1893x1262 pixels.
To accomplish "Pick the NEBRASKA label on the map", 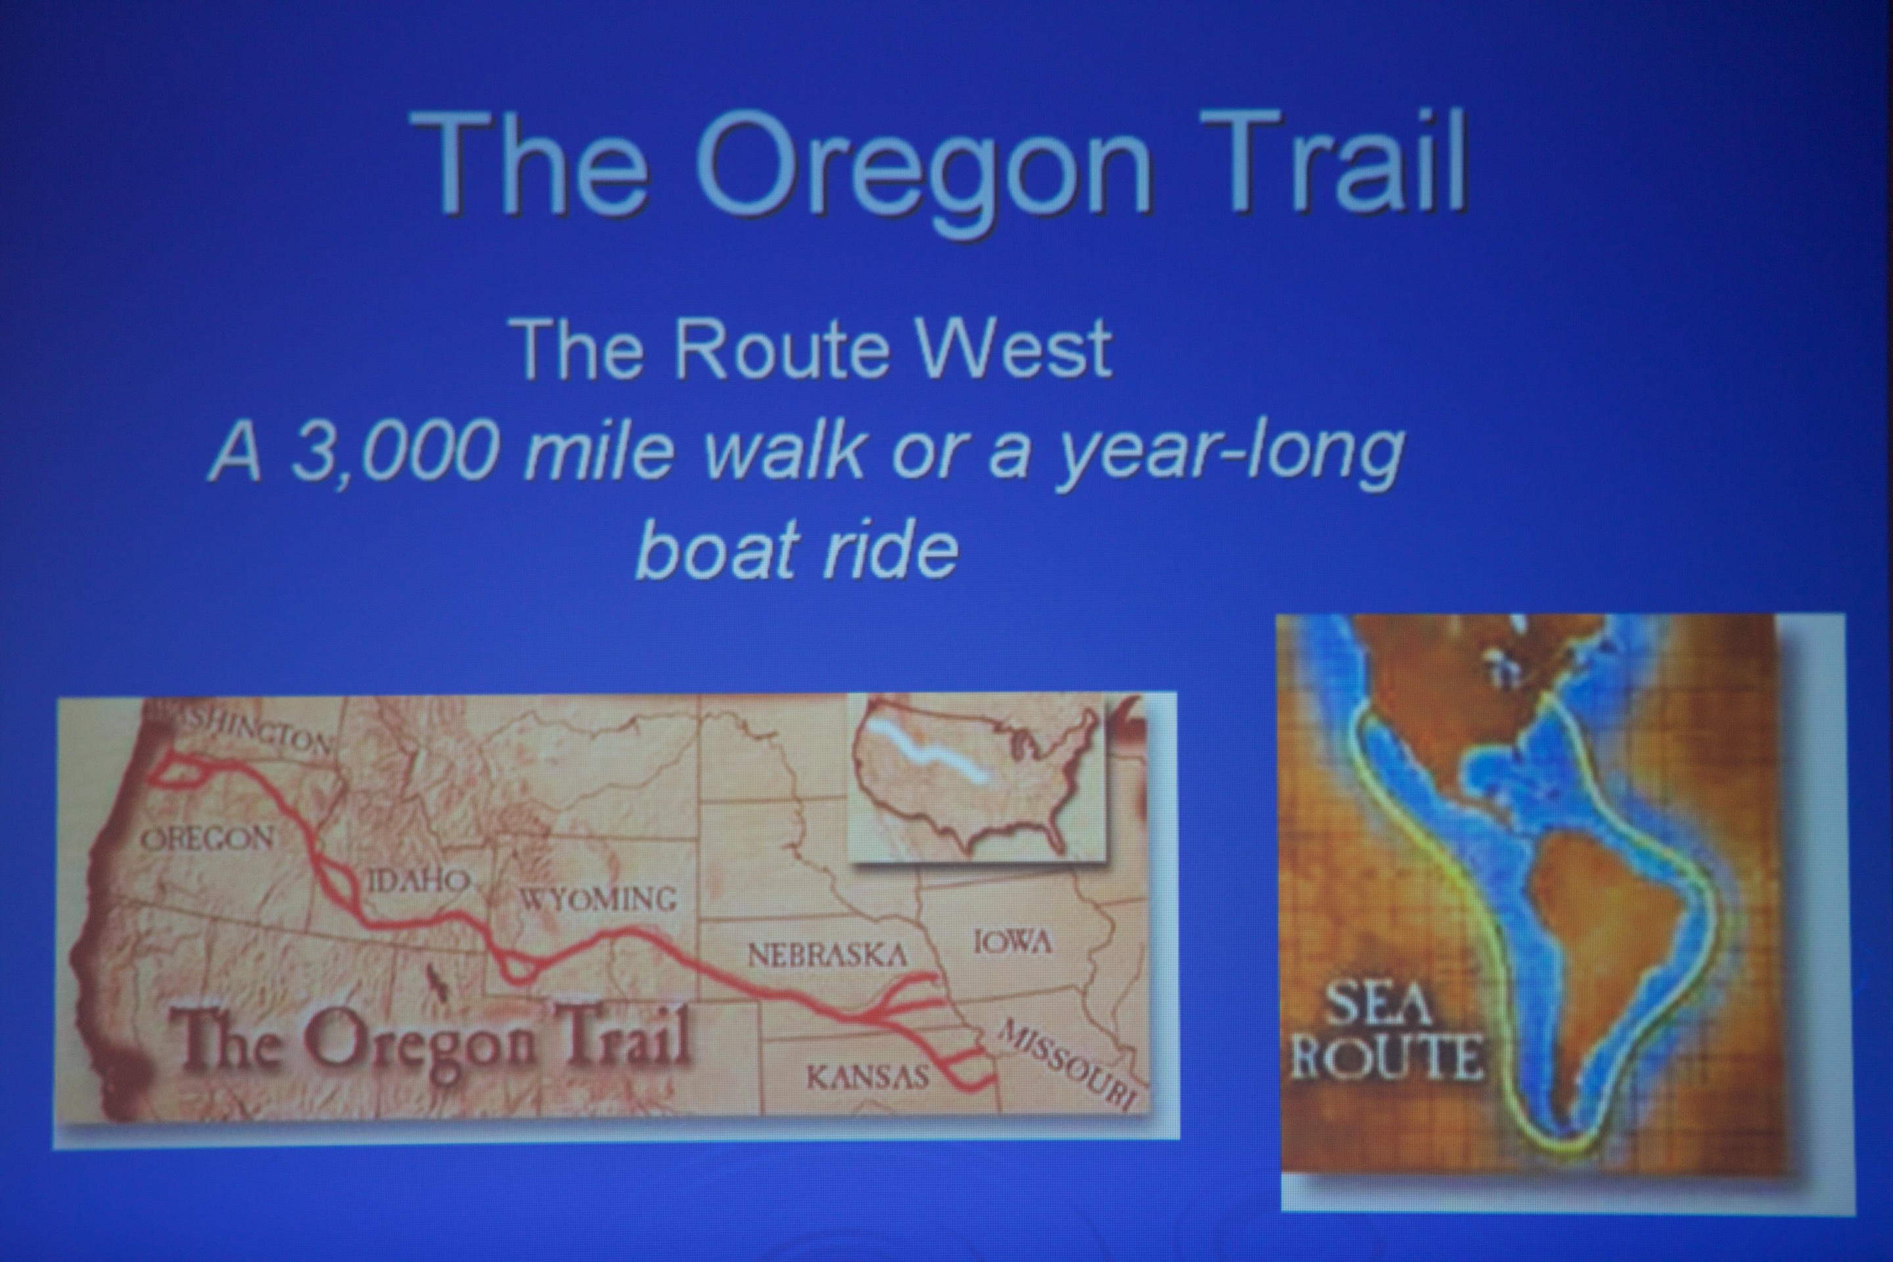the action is [x=828, y=955].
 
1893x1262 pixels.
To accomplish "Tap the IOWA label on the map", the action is [x=1012, y=942].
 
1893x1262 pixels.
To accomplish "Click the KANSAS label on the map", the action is [x=868, y=1077].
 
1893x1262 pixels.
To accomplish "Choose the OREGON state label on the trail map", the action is [x=208, y=839].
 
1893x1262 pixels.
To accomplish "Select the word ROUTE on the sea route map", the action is [x=1387, y=1058].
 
